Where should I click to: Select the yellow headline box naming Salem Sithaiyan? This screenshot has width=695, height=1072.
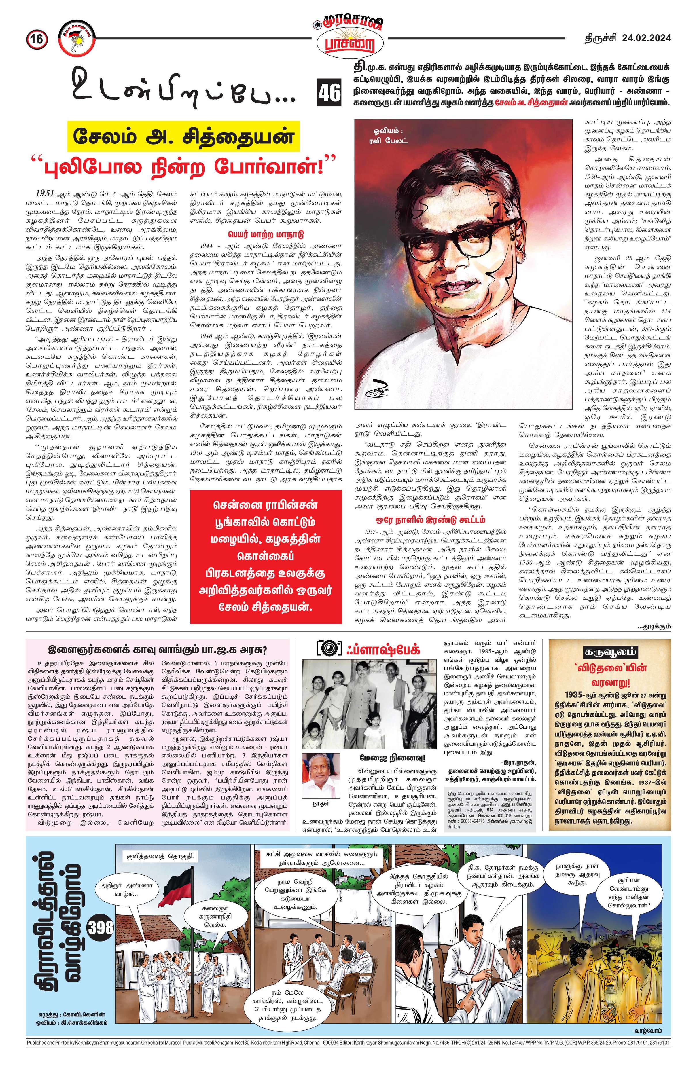(x=183, y=135)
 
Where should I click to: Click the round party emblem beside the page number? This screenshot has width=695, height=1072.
(x=75, y=39)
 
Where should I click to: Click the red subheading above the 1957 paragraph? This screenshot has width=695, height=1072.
(x=430, y=520)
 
